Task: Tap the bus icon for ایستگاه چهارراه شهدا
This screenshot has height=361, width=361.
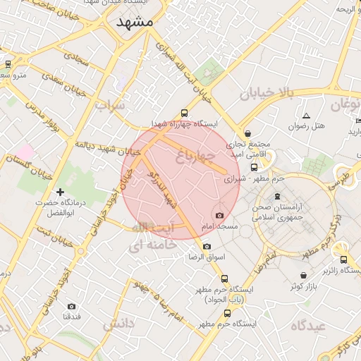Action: pos(185,113)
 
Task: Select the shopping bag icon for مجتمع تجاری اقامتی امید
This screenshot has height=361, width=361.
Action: pos(247,133)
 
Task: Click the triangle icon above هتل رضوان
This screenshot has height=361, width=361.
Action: pos(306,115)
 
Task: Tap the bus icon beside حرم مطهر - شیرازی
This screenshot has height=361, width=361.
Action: pos(254,167)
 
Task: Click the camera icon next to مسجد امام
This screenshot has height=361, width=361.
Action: pos(219,215)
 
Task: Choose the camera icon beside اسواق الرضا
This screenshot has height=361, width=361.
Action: pos(207,246)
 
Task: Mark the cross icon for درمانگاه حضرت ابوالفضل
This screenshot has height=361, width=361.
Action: pos(60,192)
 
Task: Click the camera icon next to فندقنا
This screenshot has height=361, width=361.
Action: pos(71,306)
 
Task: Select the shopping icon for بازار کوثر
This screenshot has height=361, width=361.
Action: pos(303,275)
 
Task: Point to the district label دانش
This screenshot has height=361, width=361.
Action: pos(118,324)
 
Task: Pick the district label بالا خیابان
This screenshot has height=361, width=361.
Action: pos(265,93)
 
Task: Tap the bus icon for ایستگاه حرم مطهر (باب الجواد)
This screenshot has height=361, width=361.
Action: pos(224,279)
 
